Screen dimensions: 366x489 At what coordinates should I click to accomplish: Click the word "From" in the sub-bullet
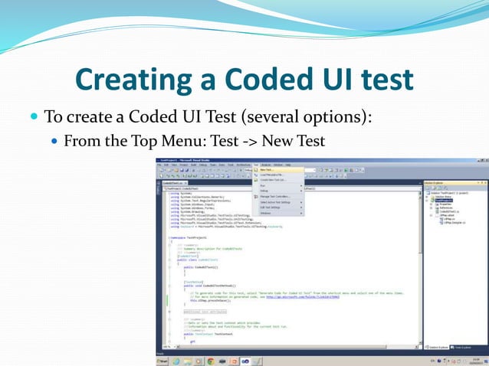click(x=80, y=141)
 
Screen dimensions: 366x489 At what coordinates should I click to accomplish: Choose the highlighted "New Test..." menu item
click(x=268, y=170)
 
